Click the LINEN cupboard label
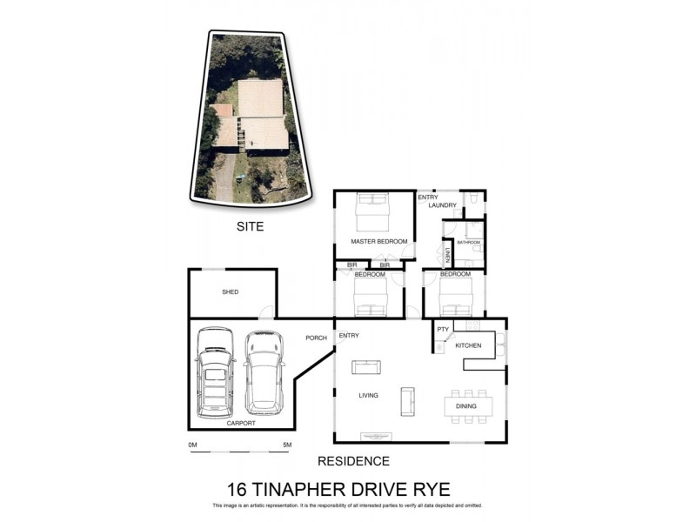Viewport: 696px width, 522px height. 448,256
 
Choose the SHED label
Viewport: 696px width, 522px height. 230,292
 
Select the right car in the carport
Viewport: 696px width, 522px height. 264,371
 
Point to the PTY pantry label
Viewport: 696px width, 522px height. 443,330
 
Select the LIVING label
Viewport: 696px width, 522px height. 369,396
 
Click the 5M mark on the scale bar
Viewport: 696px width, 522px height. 286,445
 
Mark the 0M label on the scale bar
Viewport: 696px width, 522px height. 193,445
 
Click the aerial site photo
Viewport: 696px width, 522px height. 249,118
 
